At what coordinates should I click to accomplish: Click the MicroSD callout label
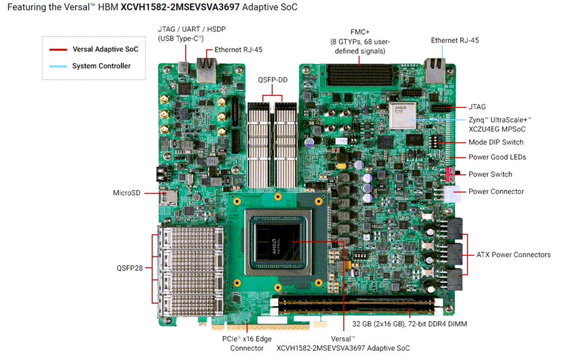(127, 193)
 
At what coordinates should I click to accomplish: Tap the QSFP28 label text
(129, 268)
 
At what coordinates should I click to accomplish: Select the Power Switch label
(490, 174)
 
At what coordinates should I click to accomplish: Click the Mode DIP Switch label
(496, 142)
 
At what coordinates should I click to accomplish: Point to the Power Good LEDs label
(497, 157)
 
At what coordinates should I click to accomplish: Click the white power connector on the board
(452, 194)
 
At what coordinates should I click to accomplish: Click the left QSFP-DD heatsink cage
(258, 146)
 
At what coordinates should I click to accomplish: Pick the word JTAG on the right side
(477, 107)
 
